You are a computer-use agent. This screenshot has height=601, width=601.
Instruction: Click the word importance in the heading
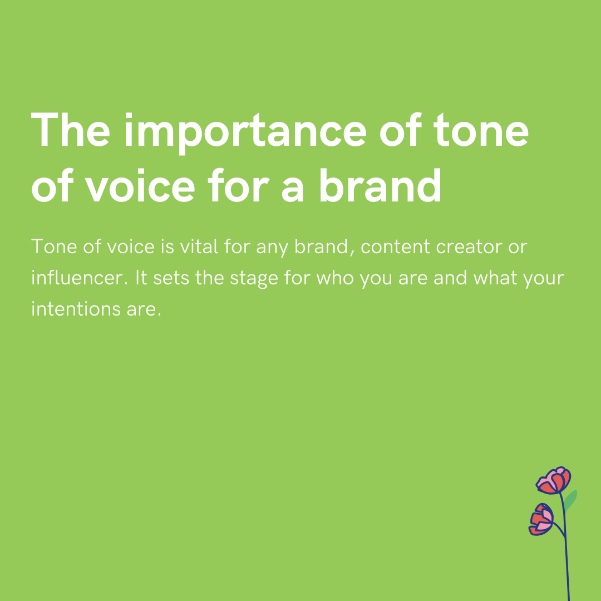pyautogui.click(x=245, y=131)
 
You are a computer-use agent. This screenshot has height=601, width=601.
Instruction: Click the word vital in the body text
pyautogui.click(x=200, y=247)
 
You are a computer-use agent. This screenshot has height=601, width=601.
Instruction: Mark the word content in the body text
pyautogui.click(x=393, y=247)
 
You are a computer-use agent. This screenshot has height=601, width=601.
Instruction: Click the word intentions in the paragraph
pyautogui.click(x=67, y=308)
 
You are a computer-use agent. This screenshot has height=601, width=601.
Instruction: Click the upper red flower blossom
pyautogui.click(x=554, y=481)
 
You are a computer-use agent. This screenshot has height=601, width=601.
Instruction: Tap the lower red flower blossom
pyautogui.click(x=541, y=520)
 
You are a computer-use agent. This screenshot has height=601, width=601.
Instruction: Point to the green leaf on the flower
pyautogui.click(x=571, y=499)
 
